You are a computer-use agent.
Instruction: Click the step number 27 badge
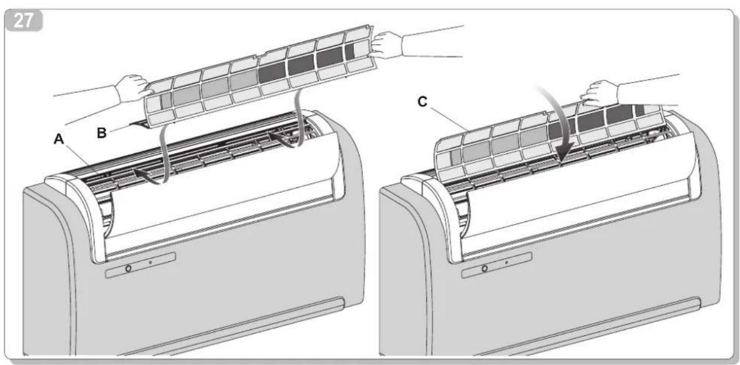(x=24, y=20)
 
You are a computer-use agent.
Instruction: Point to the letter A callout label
(x=59, y=139)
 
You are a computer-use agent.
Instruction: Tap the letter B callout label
(x=102, y=133)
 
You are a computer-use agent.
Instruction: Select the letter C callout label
(x=422, y=102)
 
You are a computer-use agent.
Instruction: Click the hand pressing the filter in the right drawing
(x=600, y=94)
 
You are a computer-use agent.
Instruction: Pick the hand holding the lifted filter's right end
(x=388, y=45)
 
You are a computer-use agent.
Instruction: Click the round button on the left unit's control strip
(x=128, y=269)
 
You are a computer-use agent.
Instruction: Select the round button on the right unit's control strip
(x=485, y=269)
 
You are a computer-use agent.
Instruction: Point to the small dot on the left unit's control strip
(x=150, y=263)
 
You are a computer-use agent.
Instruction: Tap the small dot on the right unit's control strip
(x=507, y=263)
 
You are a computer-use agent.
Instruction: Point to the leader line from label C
(x=450, y=118)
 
